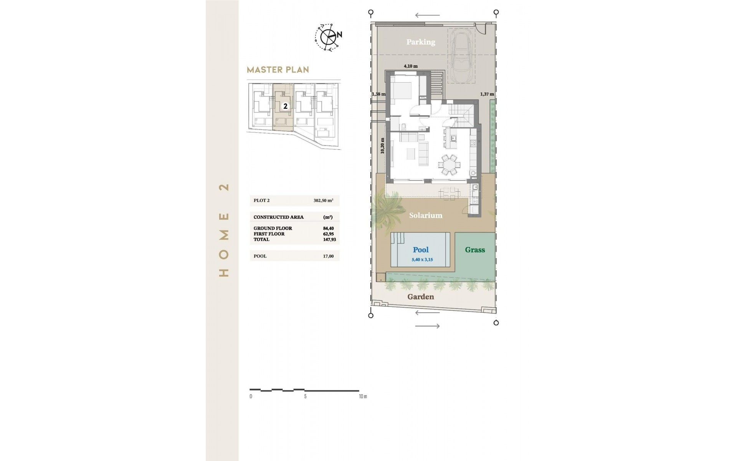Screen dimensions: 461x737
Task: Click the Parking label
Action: point(421,42)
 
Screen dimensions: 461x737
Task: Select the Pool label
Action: point(421,250)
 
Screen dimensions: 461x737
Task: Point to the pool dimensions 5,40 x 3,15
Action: point(422,260)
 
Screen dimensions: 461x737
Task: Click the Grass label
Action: point(475,250)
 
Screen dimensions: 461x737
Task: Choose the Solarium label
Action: point(426,216)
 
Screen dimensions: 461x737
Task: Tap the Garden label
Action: point(421,297)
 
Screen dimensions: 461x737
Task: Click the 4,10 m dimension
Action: point(410,66)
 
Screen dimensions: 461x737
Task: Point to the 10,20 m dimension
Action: point(382,146)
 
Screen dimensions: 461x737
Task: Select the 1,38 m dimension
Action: point(378,94)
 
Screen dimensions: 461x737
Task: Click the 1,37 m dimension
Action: point(487,94)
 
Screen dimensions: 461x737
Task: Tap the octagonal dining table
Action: point(449,165)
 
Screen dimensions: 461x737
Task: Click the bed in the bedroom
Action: point(402,92)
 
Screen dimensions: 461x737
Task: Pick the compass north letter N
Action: point(339,35)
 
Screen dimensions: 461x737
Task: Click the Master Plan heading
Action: point(278,70)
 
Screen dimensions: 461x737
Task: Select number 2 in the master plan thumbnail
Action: point(285,106)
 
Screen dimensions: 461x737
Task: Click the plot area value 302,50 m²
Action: point(323,201)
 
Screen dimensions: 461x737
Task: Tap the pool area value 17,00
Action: point(328,256)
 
